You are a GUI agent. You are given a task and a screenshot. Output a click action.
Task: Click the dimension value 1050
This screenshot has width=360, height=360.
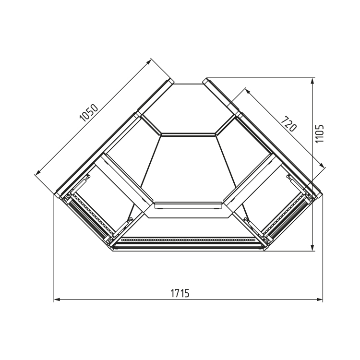89,113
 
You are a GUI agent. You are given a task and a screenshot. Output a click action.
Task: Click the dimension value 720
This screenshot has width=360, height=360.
289,124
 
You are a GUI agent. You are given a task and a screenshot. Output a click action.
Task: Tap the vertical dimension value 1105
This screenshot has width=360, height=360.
319,133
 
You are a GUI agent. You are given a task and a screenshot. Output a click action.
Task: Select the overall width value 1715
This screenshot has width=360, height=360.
180,293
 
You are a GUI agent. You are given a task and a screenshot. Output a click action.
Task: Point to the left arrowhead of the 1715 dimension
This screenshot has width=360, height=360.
57,300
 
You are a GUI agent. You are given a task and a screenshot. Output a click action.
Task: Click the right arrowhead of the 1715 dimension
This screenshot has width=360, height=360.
320,300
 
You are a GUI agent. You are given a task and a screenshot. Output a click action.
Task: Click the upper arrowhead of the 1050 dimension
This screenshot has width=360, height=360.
149,61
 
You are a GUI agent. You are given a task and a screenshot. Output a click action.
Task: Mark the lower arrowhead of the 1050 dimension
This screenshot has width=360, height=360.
37,172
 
